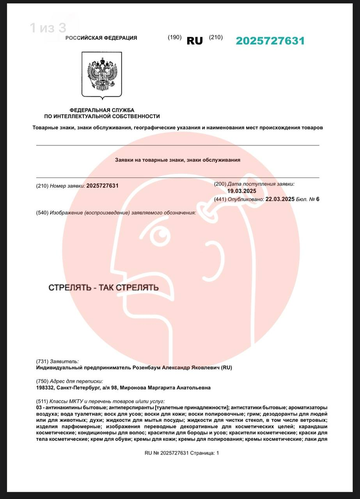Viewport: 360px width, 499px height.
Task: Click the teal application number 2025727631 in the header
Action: (x=270, y=41)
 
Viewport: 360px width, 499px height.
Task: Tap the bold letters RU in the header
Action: (x=195, y=41)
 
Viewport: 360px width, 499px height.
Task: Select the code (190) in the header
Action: (x=175, y=37)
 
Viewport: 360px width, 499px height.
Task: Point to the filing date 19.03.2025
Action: (x=242, y=191)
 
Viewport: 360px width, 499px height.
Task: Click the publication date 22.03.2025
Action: (x=280, y=199)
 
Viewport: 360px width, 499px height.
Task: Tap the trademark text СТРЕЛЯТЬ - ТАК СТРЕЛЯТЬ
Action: (x=103, y=288)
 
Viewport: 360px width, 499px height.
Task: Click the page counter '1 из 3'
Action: (x=48, y=28)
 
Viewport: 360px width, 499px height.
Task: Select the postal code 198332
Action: (x=44, y=388)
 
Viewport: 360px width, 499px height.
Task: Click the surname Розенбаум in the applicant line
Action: (x=145, y=368)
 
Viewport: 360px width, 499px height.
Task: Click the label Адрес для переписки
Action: (x=76, y=381)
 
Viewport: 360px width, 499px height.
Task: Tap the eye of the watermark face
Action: (x=159, y=235)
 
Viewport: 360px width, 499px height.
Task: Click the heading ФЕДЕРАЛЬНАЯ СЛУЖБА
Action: (x=102, y=110)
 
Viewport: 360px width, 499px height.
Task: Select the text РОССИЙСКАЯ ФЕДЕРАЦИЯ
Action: (x=101, y=38)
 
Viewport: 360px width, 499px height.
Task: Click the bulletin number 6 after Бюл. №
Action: (x=317, y=199)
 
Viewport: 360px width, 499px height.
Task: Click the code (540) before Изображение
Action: (x=42, y=212)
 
